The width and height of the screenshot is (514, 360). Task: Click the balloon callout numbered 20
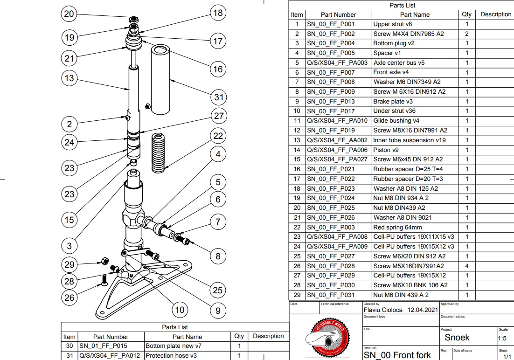pos(69,14)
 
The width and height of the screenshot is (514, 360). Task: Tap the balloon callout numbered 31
pos(218,97)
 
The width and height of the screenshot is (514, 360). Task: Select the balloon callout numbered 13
pos(69,78)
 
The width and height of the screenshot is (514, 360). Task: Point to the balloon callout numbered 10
pos(180,309)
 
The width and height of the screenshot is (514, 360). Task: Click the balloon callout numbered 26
pos(69,298)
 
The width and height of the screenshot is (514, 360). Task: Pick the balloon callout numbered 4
pos(218,153)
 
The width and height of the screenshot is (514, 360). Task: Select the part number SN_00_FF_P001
pos(330,24)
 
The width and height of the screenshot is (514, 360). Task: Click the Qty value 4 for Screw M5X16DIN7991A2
pos(466,266)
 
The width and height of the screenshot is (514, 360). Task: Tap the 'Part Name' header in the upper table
pos(415,14)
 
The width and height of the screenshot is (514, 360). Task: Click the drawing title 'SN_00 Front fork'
pos(397,355)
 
